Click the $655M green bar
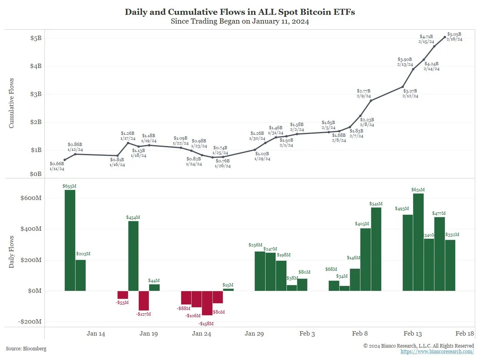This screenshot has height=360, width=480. click(x=70, y=240)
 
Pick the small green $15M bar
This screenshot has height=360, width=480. click(x=228, y=290)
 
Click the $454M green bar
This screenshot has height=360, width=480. click(x=133, y=256)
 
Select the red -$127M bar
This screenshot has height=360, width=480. click(x=144, y=300)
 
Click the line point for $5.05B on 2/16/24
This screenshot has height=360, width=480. click(x=445, y=37)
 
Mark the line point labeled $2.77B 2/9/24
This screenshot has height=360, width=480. click(x=371, y=100)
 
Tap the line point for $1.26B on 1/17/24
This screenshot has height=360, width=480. click(x=128, y=143)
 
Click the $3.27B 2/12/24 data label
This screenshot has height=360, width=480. click(x=410, y=93)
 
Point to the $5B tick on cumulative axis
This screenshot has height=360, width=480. click(x=36, y=38)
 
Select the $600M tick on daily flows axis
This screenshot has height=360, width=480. click(x=31, y=198)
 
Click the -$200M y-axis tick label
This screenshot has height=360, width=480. click(x=30, y=322)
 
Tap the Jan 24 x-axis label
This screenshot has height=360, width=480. click(x=202, y=334)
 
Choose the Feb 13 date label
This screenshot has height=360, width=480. click(x=413, y=334)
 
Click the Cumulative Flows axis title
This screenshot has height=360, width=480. click(x=12, y=103)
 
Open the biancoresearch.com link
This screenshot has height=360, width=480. click(x=437, y=351)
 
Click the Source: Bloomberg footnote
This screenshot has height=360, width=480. click(x=26, y=349)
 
